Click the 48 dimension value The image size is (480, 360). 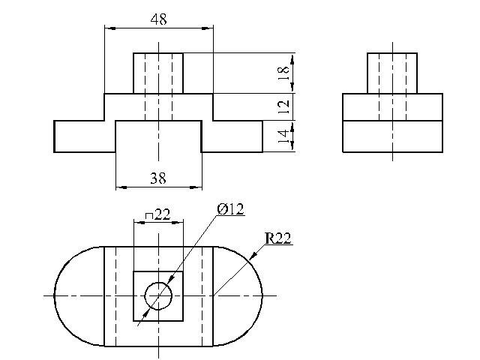(159, 19)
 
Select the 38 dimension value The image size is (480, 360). (158, 178)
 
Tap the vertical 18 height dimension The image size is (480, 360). (283, 73)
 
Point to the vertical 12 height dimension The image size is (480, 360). (283, 106)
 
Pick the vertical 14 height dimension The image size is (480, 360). (283, 136)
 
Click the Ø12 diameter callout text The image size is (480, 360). (230, 209)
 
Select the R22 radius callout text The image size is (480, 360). (278, 238)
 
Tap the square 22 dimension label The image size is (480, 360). (157, 214)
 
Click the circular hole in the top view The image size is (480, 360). (158, 283)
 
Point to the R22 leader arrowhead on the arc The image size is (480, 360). (253, 256)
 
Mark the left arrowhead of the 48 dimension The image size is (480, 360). (110, 28)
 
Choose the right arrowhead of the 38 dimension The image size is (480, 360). (196, 187)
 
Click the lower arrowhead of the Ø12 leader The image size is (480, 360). (145, 313)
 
